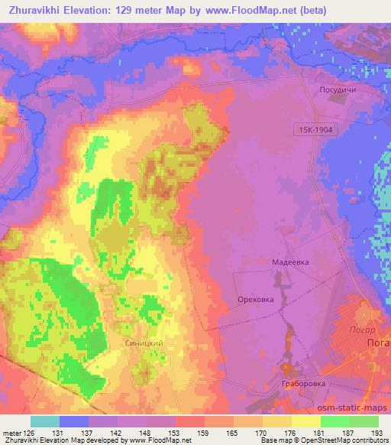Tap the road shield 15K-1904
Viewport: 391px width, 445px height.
(312, 131)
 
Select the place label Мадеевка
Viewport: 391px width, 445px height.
(290, 261)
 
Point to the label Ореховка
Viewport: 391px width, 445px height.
(256, 300)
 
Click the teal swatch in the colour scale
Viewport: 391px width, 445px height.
(45, 421)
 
